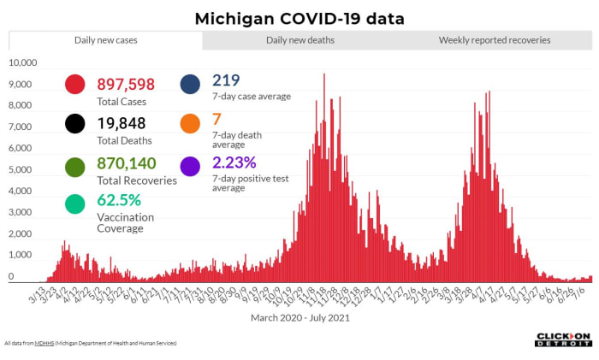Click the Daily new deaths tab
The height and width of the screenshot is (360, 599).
pos(299,40)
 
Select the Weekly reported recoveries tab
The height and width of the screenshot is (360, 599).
pos(495,40)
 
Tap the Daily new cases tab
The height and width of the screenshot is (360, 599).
pos(106,40)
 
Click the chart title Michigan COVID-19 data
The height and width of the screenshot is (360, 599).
pos(299,18)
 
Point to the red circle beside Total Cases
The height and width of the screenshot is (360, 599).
pos(75,84)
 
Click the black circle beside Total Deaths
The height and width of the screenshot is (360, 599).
pos(75,123)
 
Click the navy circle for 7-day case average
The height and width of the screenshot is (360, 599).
pos(190,84)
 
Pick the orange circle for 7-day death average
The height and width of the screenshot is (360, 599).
pos(190,123)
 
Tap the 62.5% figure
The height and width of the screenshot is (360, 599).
pos(118,201)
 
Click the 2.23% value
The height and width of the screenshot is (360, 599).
pos(234,162)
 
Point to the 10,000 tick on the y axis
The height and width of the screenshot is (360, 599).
pos(23,63)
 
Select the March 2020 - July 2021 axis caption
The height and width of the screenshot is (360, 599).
pos(299,317)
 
